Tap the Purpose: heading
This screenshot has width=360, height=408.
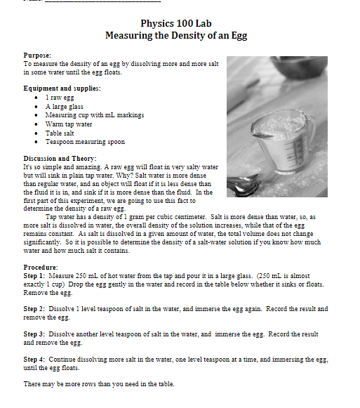click(37, 54)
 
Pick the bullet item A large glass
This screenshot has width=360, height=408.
click(64, 106)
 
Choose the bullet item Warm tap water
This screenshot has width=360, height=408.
click(69, 124)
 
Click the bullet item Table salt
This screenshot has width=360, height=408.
click(61, 132)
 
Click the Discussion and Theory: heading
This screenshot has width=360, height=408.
click(60, 159)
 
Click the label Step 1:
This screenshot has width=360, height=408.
click(36, 276)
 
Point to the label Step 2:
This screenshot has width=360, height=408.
click(36, 308)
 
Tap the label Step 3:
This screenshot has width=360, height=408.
click(36, 334)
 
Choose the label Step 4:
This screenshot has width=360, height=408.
click(36, 359)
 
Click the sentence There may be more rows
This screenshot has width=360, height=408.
click(98, 384)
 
